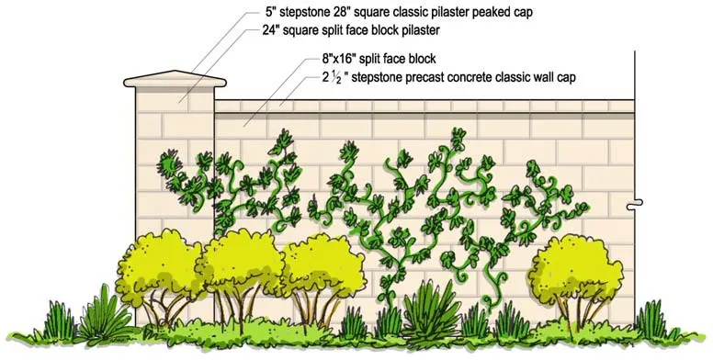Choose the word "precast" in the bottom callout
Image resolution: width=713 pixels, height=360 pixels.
tap(417, 78)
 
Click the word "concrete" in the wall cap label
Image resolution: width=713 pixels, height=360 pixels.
tap(472, 78)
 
